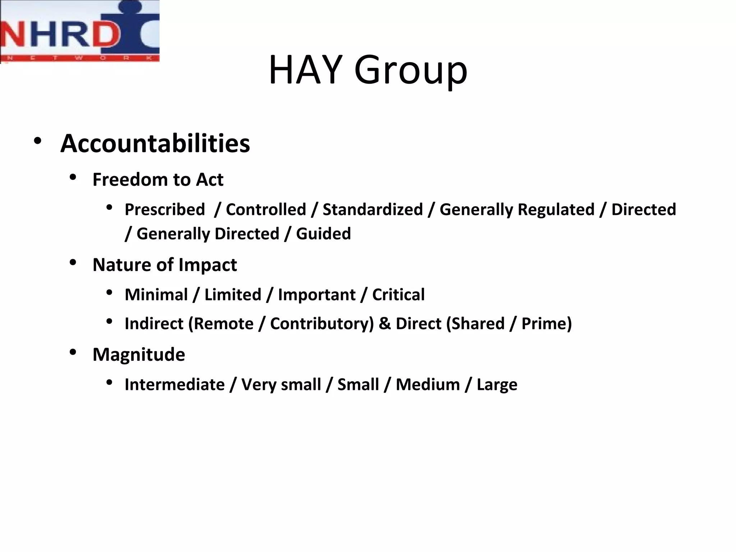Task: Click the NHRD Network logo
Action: click(79, 31)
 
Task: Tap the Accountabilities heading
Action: click(155, 143)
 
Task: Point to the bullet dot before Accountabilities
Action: click(37, 141)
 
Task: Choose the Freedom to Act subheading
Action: click(158, 179)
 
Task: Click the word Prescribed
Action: click(165, 210)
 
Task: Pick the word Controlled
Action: click(266, 210)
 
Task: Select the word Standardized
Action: click(373, 210)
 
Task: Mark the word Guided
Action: click(323, 234)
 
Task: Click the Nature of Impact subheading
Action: click(165, 265)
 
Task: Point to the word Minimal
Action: click(156, 295)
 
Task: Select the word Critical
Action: click(398, 295)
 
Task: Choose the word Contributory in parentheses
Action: click(322, 323)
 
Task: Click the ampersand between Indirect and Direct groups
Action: click(385, 323)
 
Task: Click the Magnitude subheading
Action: click(139, 354)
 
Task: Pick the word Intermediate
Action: click(175, 385)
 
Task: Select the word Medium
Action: click(428, 385)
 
